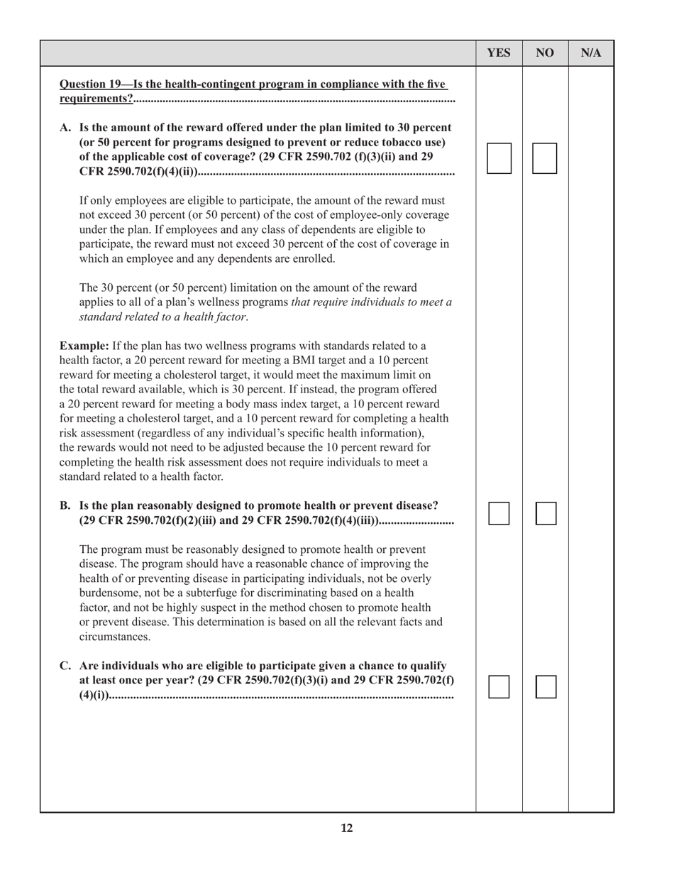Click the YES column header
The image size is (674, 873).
499,53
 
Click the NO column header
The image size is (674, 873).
545,53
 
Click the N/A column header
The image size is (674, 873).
591,53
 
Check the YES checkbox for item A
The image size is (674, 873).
499,158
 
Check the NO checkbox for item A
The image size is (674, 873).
545,158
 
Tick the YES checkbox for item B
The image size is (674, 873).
499,513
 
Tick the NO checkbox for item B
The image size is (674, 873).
546,513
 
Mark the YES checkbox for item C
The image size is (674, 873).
499,686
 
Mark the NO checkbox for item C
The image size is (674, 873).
546,686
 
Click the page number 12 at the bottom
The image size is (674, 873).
346,828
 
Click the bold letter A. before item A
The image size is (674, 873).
66,128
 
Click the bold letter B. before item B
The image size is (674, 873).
65,505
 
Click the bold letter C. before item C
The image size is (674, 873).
65,666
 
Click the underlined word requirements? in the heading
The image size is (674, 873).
96,99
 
